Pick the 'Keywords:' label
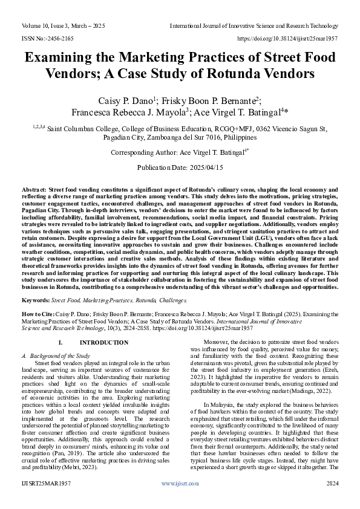tap(36, 300)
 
